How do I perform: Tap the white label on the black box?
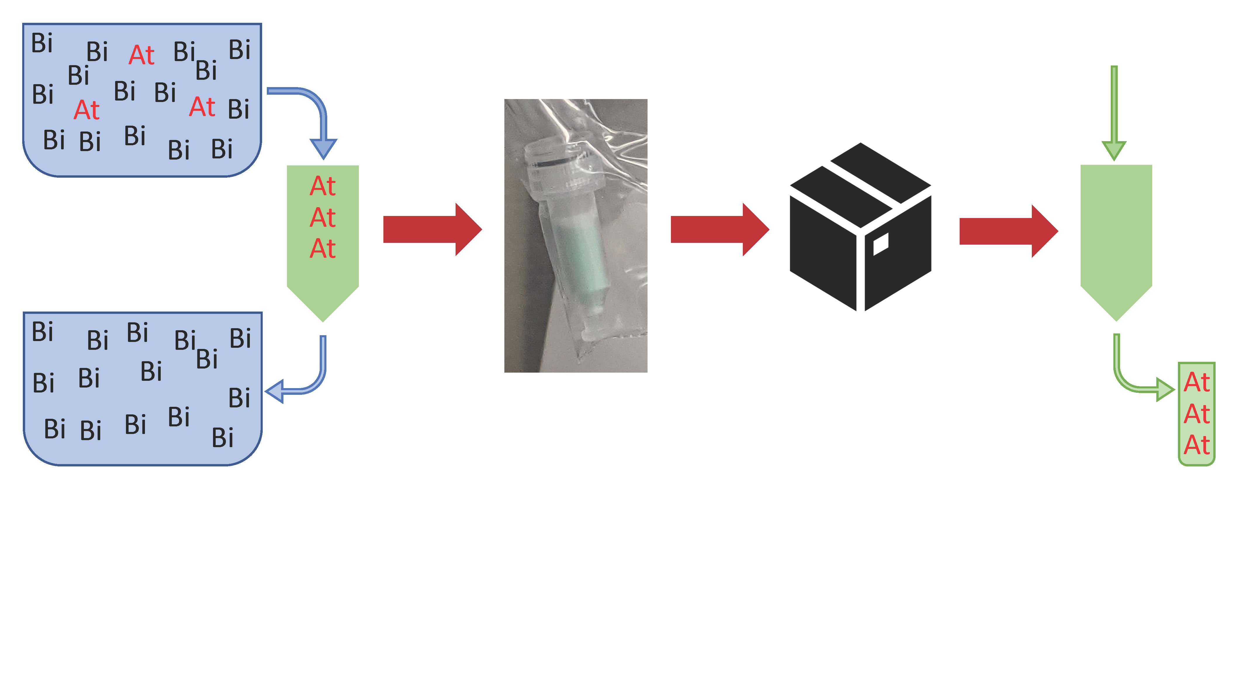pyautogui.click(x=880, y=244)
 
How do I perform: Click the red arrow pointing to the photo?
pyautogui.click(x=432, y=229)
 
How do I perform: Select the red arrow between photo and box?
pyautogui.click(x=719, y=229)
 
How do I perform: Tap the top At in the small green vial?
pyautogui.click(x=1197, y=383)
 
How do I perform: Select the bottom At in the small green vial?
pyautogui.click(x=1197, y=445)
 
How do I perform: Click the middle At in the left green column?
pyautogui.click(x=323, y=218)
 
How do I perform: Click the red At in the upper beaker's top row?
pyautogui.click(x=141, y=55)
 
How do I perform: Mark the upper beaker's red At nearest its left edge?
pyautogui.click(x=86, y=110)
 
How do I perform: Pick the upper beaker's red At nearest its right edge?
pyautogui.click(x=202, y=107)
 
